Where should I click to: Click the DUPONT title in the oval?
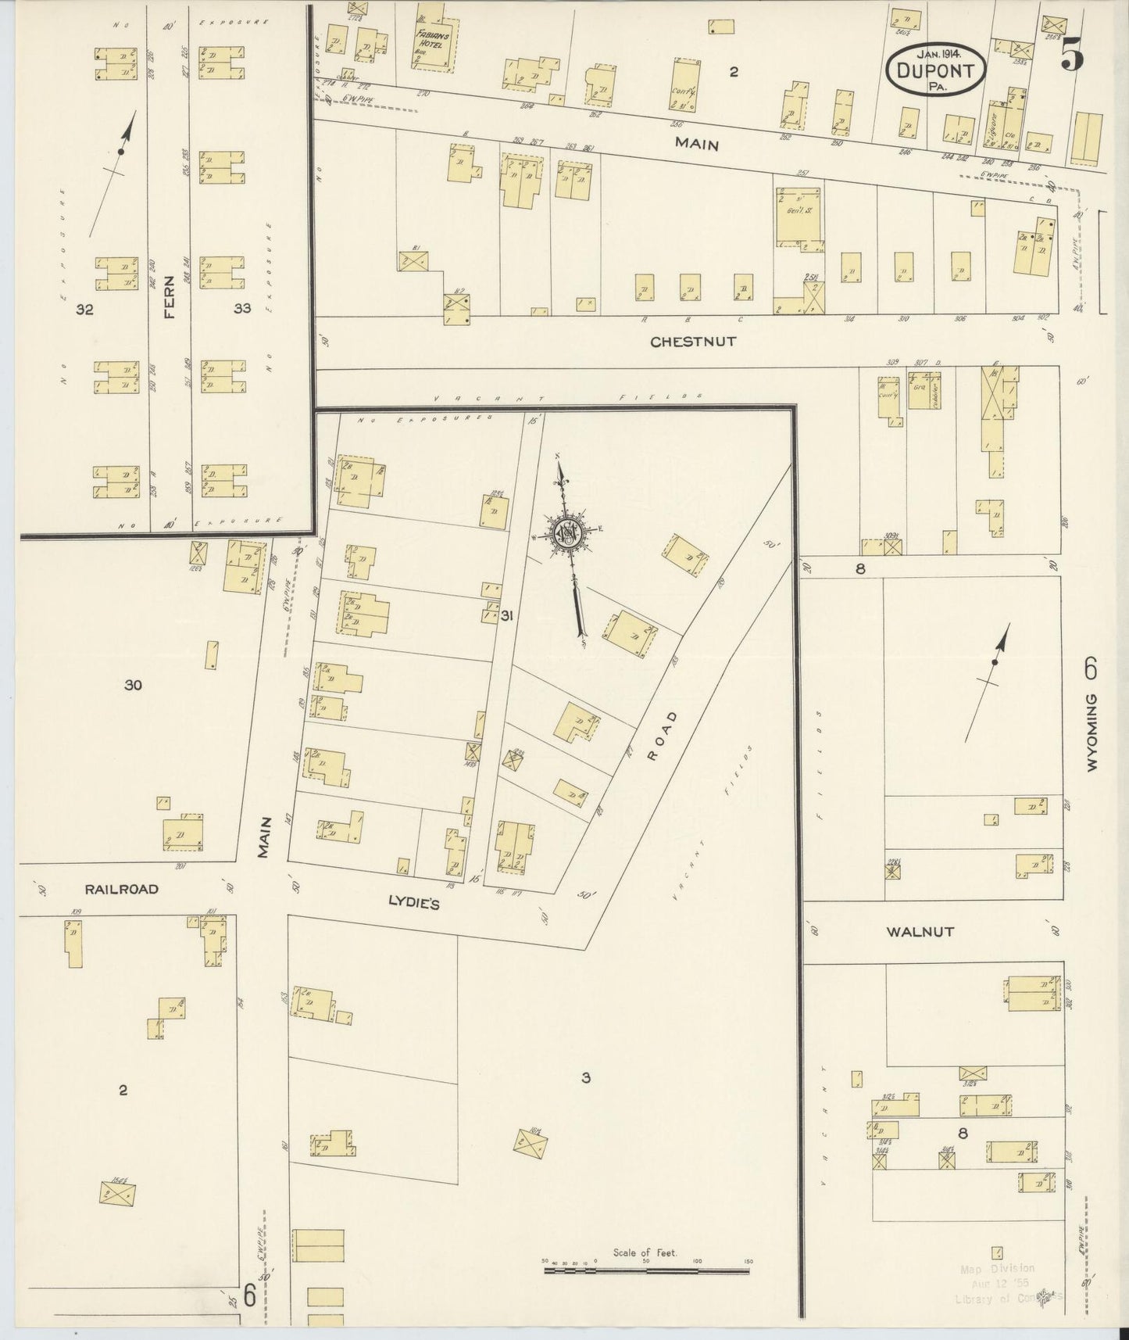(x=936, y=71)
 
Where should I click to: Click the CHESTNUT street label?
(x=694, y=342)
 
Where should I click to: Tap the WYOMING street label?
(x=1091, y=733)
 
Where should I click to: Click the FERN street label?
(x=170, y=299)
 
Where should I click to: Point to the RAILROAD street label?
(x=122, y=889)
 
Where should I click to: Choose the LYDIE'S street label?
(x=414, y=905)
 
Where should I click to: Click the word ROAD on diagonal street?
(x=660, y=735)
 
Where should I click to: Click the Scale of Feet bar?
(x=646, y=1271)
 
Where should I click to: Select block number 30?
(x=133, y=686)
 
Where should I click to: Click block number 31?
(x=507, y=617)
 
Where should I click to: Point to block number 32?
(x=84, y=310)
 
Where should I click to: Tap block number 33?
(x=242, y=309)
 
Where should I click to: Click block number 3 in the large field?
(x=585, y=1078)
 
